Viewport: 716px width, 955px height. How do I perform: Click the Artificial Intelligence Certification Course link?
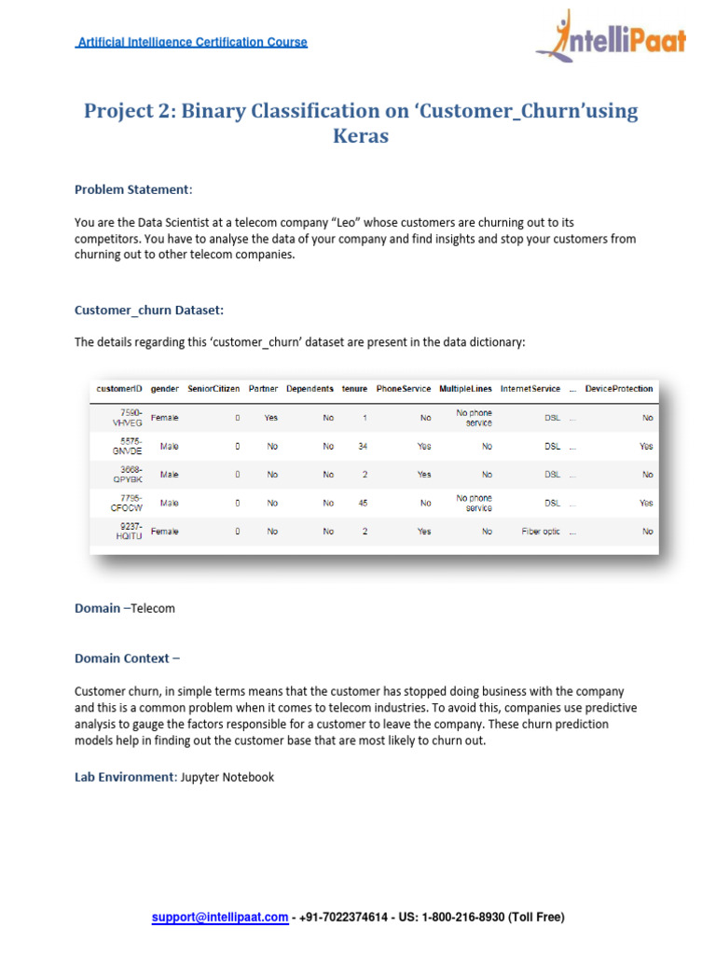tap(192, 42)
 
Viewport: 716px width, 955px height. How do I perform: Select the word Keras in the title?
tap(361, 136)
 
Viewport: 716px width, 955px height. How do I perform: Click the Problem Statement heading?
tap(131, 189)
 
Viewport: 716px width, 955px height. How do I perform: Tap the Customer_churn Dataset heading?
tap(149, 309)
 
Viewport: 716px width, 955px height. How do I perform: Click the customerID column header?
tap(120, 388)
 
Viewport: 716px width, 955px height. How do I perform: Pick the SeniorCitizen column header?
tap(213, 388)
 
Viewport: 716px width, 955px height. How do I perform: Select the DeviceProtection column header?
tap(619, 388)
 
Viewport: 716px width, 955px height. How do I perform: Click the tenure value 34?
tap(363, 447)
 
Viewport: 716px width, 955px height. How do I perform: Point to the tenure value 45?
tap(363, 503)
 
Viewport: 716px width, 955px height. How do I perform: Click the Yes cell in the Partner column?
tap(271, 418)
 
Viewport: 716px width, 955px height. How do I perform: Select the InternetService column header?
tap(530, 388)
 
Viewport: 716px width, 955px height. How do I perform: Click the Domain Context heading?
tap(128, 658)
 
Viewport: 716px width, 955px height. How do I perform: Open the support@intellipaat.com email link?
tap(220, 918)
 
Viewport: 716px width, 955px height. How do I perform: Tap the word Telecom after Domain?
tap(153, 608)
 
